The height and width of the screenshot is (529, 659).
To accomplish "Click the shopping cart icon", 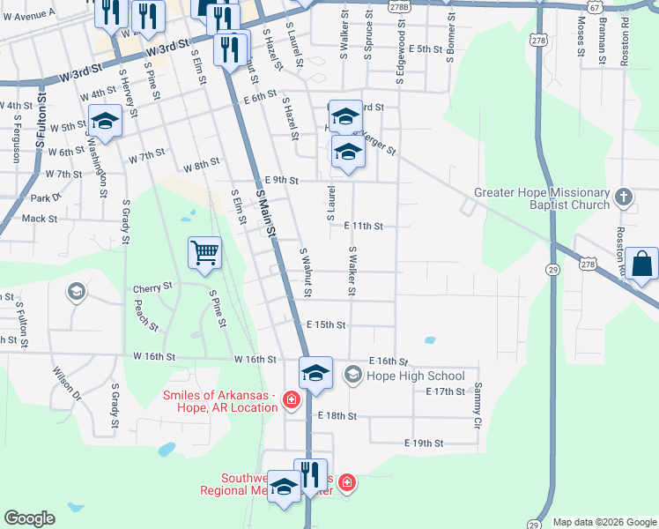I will [205, 253].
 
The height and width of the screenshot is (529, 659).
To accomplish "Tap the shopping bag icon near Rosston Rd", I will [642, 264].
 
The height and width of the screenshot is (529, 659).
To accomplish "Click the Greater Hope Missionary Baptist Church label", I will [542, 198].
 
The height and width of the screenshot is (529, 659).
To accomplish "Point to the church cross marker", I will [624, 197].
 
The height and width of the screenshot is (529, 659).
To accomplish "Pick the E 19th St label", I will [423, 443].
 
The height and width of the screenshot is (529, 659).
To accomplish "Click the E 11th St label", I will [363, 227].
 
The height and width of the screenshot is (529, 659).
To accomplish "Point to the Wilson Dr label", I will [66, 384].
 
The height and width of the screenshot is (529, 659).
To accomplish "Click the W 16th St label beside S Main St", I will [255, 360].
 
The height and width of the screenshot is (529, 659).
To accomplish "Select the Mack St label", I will [40, 219].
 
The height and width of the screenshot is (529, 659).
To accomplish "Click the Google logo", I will [29, 518].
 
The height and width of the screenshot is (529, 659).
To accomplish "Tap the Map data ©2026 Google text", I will [603, 522].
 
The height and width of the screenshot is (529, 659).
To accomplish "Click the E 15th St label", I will [326, 325].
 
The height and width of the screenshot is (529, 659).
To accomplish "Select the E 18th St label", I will [337, 415].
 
